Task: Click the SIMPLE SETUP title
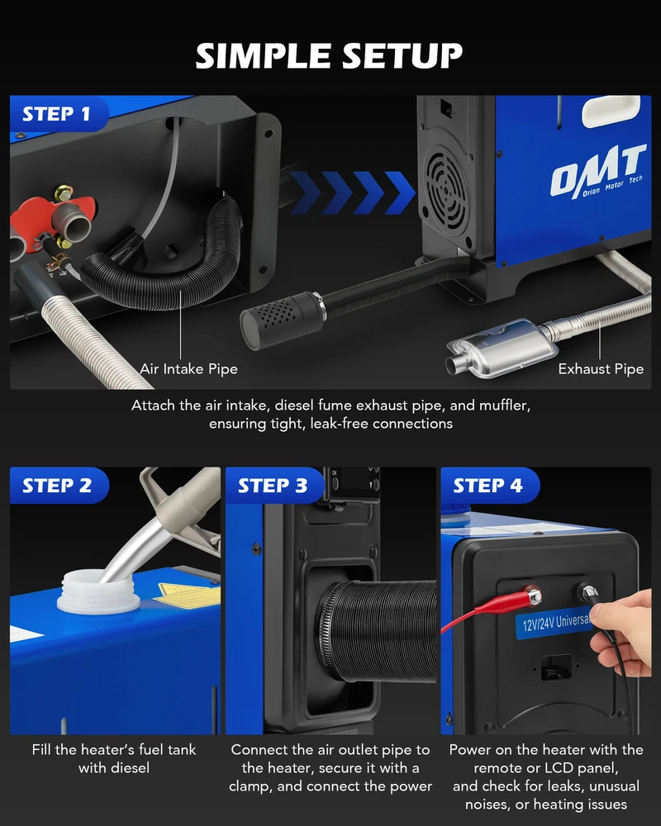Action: pyautogui.click(x=329, y=56)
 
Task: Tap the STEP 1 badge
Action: pyautogui.click(x=58, y=114)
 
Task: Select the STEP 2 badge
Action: pyautogui.click(x=59, y=485)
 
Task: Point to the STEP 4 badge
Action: pyautogui.click(x=490, y=485)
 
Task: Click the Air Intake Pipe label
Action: pyautogui.click(x=188, y=368)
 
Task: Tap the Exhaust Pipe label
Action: pyautogui.click(x=601, y=368)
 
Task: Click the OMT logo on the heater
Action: pyautogui.click(x=599, y=172)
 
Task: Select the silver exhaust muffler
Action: pyautogui.click(x=501, y=349)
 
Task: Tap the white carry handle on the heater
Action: pyautogui.click(x=611, y=111)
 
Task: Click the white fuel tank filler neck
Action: pyautogui.click(x=98, y=591)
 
